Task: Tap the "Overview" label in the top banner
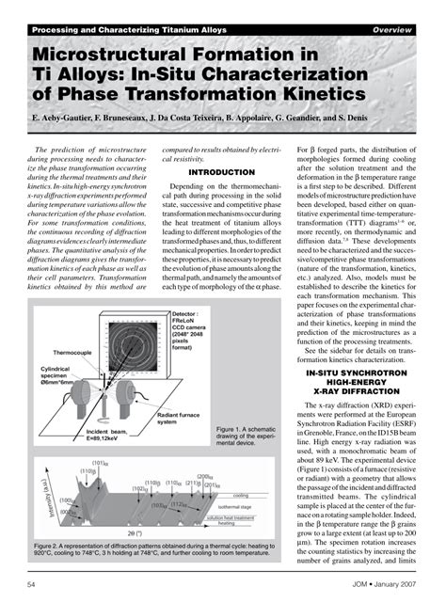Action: [391, 30]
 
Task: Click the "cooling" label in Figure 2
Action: [240, 495]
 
